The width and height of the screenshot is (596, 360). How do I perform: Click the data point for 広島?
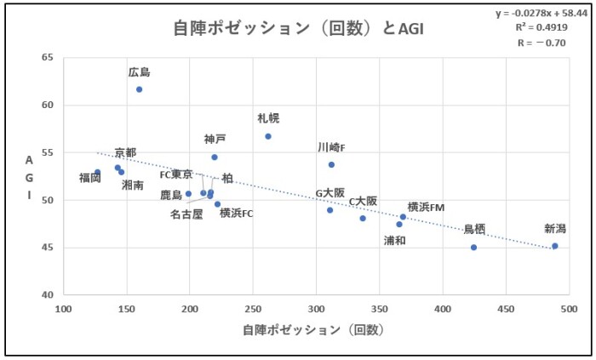click(x=139, y=89)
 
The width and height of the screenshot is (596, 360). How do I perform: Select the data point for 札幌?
click(x=268, y=136)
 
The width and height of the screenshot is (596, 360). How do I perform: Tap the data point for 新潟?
click(x=554, y=246)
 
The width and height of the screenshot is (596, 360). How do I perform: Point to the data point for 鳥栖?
click(x=473, y=247)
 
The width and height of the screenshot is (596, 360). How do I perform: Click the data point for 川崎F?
click(x=331, y=164)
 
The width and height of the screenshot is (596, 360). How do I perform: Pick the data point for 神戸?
click(x=215, y=157)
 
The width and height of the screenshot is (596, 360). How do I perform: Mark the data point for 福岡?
click(x=97, y=172)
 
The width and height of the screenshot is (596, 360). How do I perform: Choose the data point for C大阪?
click(x=363, y=218)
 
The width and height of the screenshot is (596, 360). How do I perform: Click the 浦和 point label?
click(x=395, y=240)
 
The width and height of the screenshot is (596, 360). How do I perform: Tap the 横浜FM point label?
click(x=427, y=207)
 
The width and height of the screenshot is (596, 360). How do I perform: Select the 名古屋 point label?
click(x=186, y=214)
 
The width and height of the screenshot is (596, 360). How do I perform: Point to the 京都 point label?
click(x=125, y=152)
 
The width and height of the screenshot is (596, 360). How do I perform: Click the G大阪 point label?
click(x=330, y=193)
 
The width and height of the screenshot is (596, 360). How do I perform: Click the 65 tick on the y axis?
click(x=48, y=58)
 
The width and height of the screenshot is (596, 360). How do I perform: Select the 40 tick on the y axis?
click(x=48, y=295)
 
